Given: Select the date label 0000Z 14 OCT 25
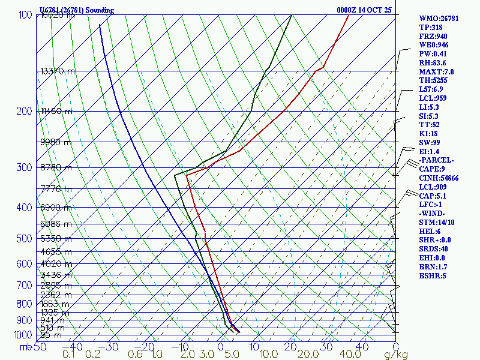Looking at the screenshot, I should point(364,10).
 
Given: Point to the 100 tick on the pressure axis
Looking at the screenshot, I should point(25,14).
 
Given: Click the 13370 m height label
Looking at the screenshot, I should point(58,71).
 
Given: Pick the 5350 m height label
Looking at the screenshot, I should point(56,239).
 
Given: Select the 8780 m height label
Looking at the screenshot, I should point(56,167).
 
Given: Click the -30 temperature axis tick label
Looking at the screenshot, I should point(109,347).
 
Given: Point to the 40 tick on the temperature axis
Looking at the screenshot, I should point(362,347).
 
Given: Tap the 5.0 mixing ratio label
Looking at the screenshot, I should point(231,355).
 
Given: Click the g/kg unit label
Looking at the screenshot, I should point(396,355).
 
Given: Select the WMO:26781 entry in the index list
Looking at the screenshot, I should point(439,19).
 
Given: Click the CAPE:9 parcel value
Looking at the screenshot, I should point(432,169).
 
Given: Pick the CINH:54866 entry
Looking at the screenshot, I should point(439,178).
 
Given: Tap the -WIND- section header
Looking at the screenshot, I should point(432,214).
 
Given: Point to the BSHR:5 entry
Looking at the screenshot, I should point(432,275).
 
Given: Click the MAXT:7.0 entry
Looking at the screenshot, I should point(436,71).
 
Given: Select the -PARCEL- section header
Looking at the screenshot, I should point(436,160).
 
